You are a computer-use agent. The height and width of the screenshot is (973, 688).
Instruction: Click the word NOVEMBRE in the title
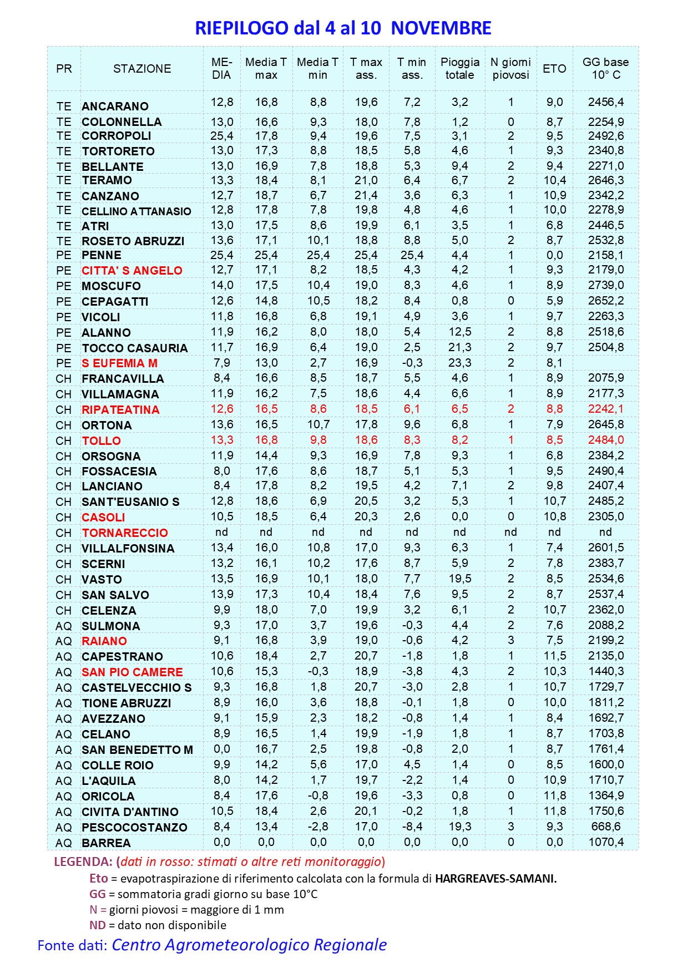[441, 28]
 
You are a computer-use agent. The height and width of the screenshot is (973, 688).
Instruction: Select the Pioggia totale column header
[460, 69]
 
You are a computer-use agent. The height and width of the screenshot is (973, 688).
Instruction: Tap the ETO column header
[554, 69]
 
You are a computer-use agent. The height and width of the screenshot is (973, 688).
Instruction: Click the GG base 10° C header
[605, 69]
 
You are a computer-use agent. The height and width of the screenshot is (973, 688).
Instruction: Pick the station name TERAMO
[107, 181]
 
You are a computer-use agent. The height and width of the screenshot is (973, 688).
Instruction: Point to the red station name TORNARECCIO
[125, 533]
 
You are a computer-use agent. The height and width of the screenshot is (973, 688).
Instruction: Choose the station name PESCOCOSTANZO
[134, 828]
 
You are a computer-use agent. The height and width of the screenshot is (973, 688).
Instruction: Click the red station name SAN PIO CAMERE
[132, 672]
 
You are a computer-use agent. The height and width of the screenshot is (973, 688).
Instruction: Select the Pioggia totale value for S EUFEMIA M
[460, 363]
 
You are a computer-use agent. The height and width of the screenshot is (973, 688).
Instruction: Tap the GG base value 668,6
[605, 827]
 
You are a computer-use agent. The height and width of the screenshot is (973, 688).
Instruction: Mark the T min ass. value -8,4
[412, 827]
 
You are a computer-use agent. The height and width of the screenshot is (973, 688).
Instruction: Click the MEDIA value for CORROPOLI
[221, 136]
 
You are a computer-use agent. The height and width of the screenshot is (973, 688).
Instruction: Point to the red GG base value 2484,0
[605, 440]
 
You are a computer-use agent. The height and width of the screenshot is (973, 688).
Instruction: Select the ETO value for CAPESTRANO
[554, 656]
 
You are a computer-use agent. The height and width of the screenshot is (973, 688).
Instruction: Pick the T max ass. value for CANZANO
[366, 195]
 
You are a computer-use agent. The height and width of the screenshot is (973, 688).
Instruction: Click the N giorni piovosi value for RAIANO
[510, 640]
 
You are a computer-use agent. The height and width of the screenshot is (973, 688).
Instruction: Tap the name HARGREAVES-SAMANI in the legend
[495, 879]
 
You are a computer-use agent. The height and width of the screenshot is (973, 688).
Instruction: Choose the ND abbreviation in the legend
[97, 925]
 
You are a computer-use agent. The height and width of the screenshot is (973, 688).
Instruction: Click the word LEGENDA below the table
[83, 862]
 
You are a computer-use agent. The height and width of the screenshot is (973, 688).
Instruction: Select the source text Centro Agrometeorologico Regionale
[249, 945]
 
